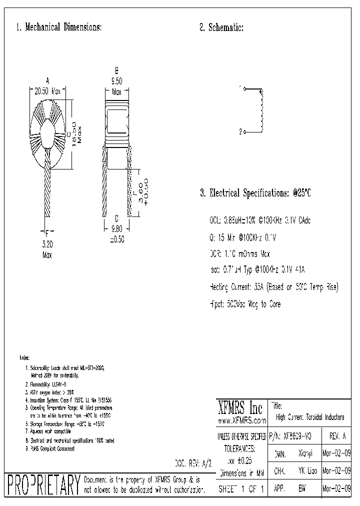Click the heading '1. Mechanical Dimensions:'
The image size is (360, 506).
[x=59, y=27]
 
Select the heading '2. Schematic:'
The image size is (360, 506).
[x=221, y=27]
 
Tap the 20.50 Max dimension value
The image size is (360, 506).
[x=47, y=91]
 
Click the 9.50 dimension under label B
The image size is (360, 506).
[x=116, y=80]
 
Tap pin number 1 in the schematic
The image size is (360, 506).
[x=240, y=88]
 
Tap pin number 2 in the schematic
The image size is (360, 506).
[x=240, y=132]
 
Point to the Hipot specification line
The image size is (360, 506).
[x=245, y=303]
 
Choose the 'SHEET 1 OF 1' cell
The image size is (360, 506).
[x=242, y=488]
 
